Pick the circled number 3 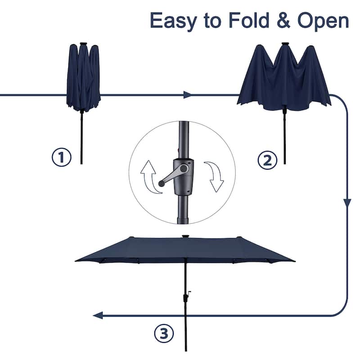point(164,333)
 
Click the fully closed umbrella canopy point(83,76)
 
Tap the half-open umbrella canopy point(283,79)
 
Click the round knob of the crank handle point(161,183)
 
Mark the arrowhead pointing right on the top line point(188,95)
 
